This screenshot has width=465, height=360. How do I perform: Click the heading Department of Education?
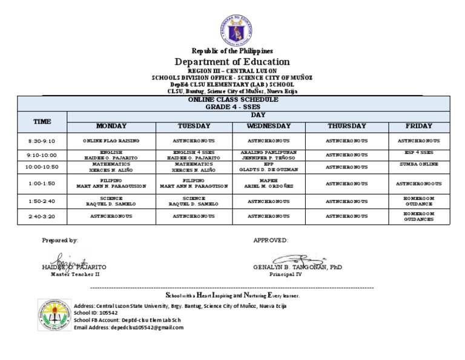coord(232,62)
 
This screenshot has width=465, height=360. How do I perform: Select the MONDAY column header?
coord(111,126)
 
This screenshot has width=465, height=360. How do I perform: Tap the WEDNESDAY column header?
coord(269,126)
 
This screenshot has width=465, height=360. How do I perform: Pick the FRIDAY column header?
coord(419,126)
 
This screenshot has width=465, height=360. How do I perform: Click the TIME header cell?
coord(42,121)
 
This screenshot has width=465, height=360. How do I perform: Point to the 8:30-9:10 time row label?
coord(42,141)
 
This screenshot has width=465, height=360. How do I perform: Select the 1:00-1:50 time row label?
coord(42,183)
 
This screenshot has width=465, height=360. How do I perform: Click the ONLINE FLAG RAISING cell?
coord(111,141)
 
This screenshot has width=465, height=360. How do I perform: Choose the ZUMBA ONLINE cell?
coord(419,164)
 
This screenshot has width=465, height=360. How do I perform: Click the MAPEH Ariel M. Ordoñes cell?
coord(269,183)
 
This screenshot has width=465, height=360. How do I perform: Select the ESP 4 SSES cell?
coord(419,152)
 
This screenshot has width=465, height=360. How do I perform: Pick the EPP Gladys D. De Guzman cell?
coord(269,167)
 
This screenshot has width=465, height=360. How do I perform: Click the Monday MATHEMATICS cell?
coord(111,167)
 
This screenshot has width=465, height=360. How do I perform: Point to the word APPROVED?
coord(271,241)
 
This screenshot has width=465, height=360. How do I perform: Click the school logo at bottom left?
coord(54,315)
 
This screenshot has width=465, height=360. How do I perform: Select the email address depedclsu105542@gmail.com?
coord(128,327)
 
